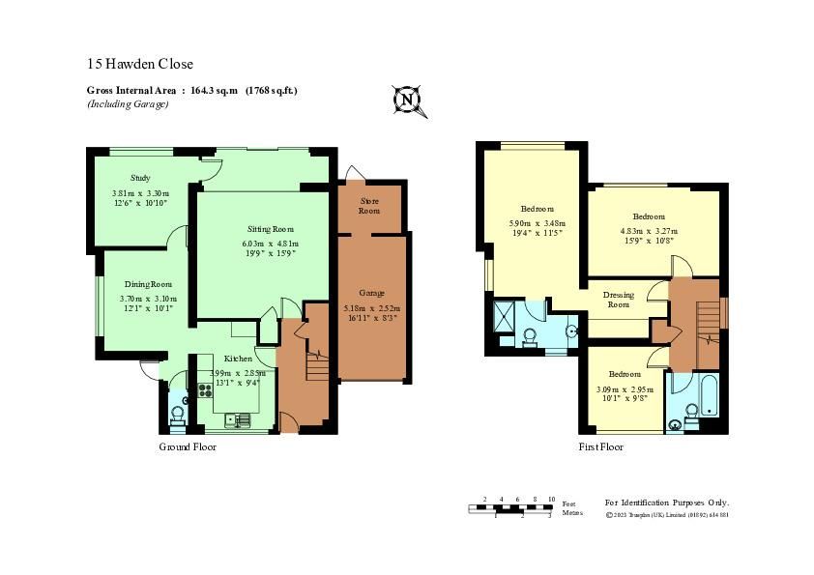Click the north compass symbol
(408, 99)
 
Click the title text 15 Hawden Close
(140, 64)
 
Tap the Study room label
(140, 178)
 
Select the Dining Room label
(148, 284)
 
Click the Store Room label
(369, 206)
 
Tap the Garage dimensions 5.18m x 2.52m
(372, 308)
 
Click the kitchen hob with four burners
(206, 390)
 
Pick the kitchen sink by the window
(238, 419)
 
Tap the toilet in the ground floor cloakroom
(177, 415)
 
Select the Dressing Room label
(618, 300)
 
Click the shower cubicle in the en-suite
(505, 317)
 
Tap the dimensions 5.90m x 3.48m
(536, 227)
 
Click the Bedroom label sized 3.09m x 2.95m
(625, 373)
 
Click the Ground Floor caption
(188, 447)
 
